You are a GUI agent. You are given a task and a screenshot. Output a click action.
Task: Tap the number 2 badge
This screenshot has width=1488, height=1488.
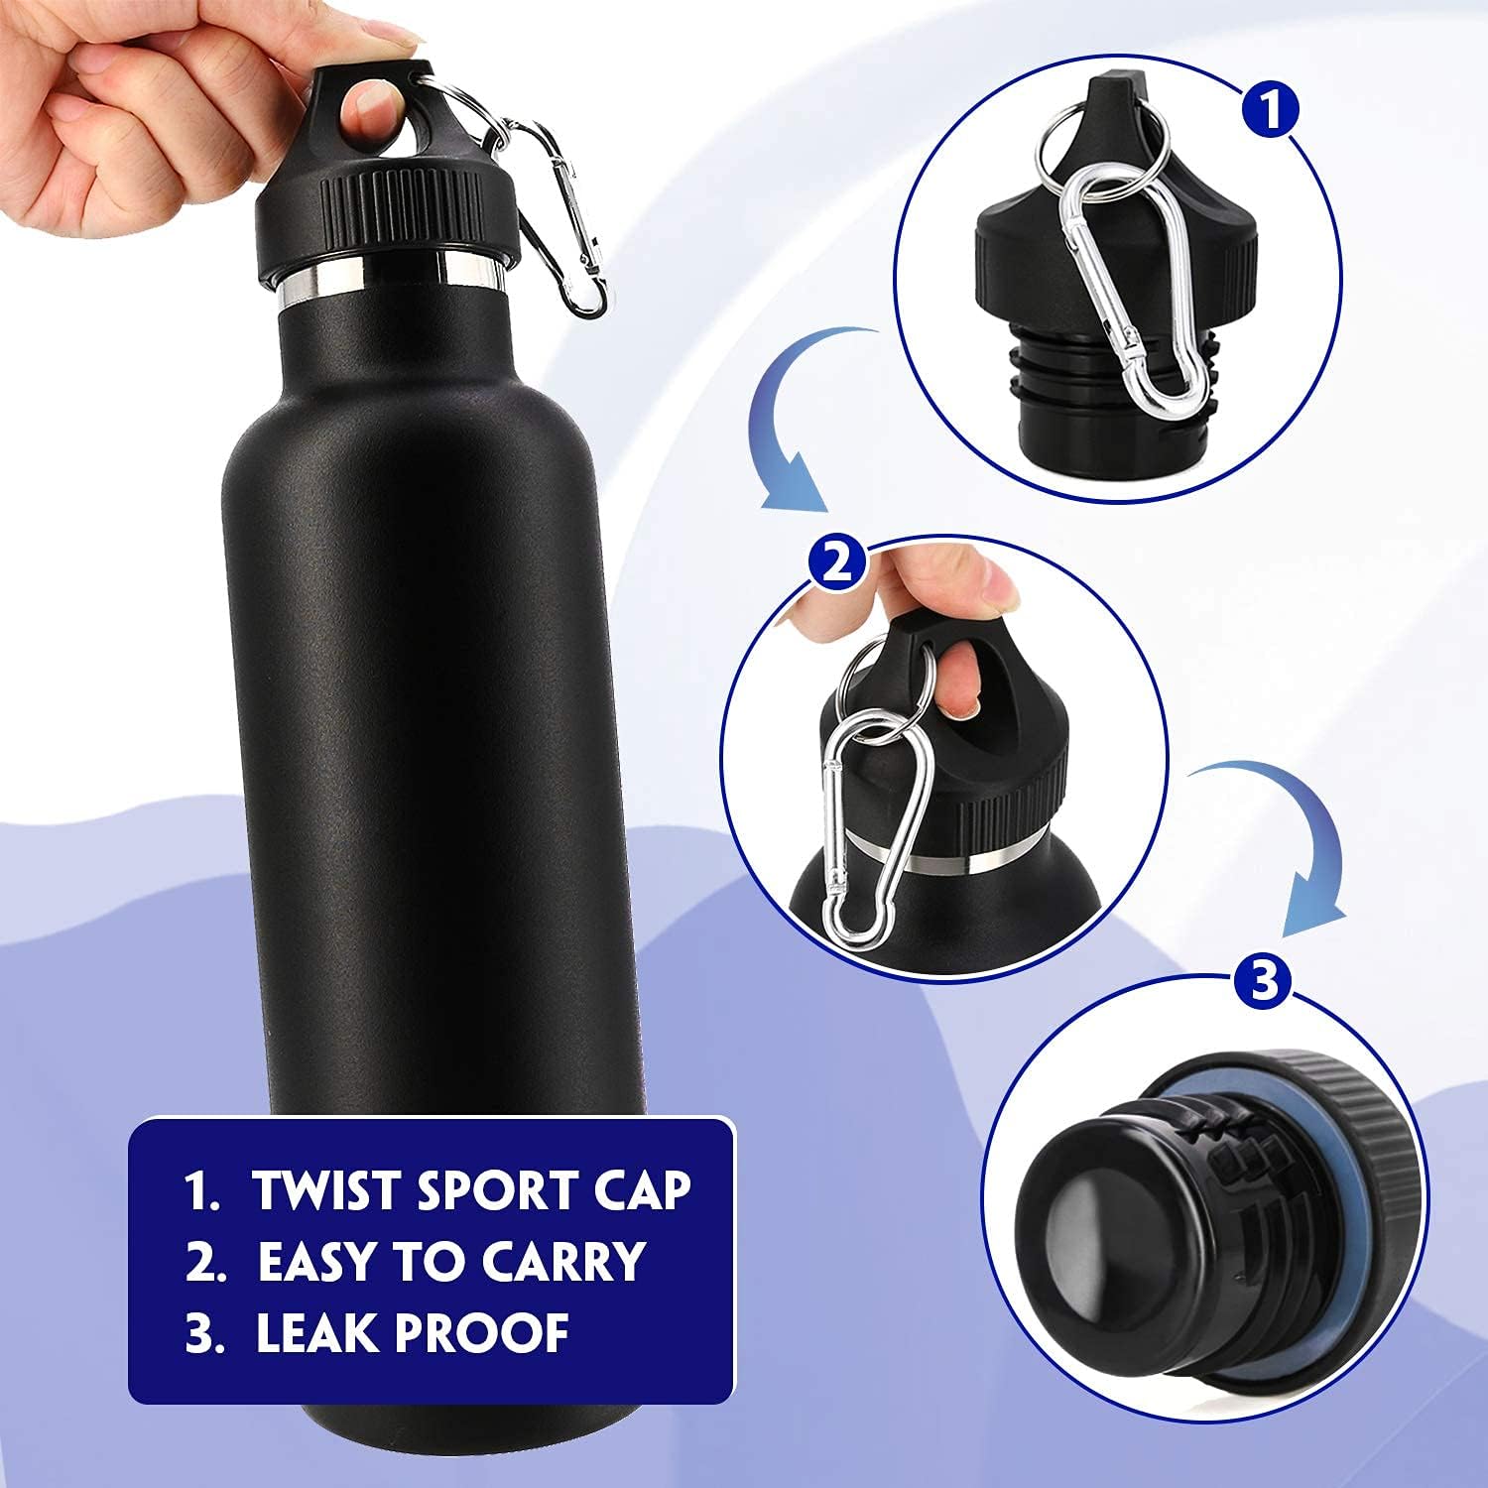point(836,563)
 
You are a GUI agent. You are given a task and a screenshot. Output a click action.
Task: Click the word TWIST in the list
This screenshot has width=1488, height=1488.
point(325,1190)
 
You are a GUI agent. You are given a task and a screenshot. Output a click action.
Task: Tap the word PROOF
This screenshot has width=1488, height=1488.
point(483,1333)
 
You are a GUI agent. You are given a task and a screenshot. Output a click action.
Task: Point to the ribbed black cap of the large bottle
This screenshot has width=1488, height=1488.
point(387,213)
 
